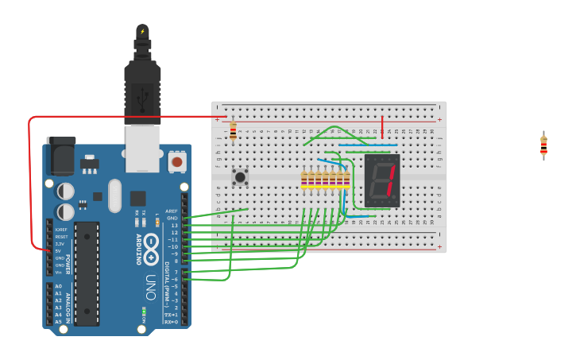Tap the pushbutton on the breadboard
tap(239, 176)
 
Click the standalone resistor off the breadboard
tap(543, 145)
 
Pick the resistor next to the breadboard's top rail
tap(233, 131)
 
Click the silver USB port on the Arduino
tap(144, 149)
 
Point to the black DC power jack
tap(60, 156)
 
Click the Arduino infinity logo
tap(152, 249)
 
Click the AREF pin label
tap(172, 211)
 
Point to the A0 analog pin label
tap(58, 286)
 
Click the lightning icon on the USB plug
tap(142, 32)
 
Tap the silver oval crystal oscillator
tap(114, 195)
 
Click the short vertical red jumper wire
tap(382, 126)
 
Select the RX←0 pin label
tap(170, 322)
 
